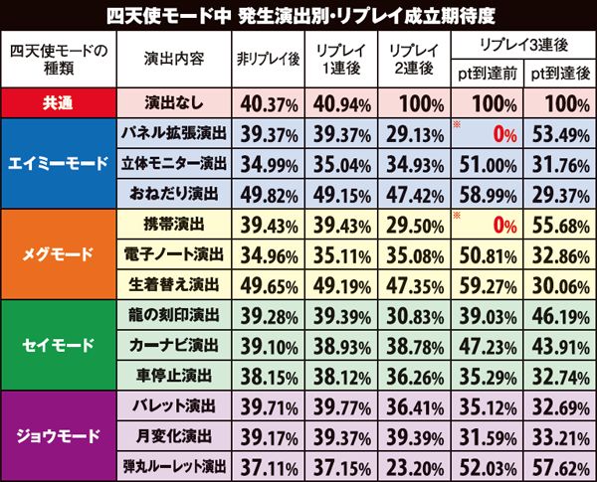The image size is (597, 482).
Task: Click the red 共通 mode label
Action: coord(59,103)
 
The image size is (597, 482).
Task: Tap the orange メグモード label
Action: coord(59,255)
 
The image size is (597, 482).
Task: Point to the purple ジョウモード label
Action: coord(59,436)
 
